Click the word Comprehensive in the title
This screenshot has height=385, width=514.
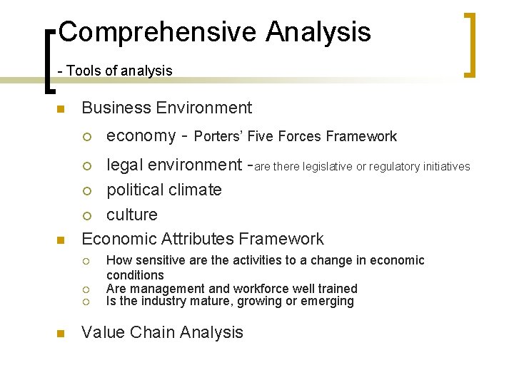[x=158, y=33]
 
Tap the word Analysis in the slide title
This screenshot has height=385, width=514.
[x=318, y=33]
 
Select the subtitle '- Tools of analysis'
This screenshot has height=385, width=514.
[x=115, y=71]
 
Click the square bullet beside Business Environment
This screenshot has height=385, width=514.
[x=61, y=109]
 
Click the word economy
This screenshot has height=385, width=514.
[x=141, y=136]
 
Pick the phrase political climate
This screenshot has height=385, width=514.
[x=164, y=190]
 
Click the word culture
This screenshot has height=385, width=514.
[x=132, y=215]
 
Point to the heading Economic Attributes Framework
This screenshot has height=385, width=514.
[x=203, y=239]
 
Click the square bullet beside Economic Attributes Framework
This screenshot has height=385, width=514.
[x=61, y=240]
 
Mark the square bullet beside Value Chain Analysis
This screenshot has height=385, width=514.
[x=61, y=334]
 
